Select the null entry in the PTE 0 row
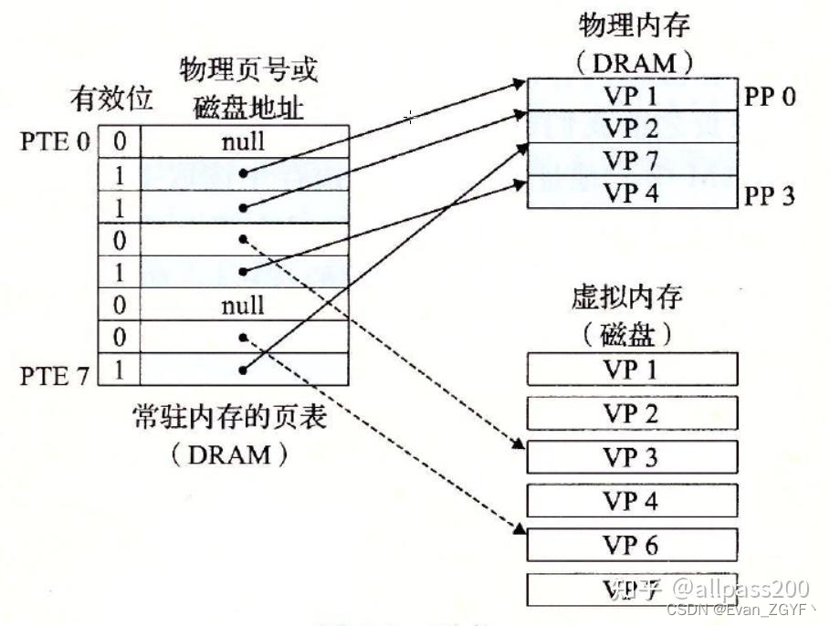tap(243, 141)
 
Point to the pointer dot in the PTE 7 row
tap(243, 370)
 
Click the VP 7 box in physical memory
tap(632, 161)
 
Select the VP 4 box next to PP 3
tap(632, 193)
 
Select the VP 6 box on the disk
tap(632, 545)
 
